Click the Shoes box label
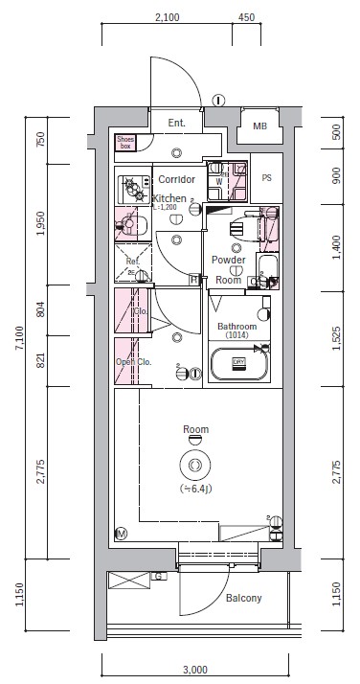click(x=125, y=143)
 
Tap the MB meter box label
click(x=259, y=126)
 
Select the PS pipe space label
click(x=266, y=177)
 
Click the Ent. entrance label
click(x=177, y=124)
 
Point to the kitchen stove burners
click(x=129, y=186)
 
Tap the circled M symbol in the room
click(x=122, y=533)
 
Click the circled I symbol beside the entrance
click(x=218, y=99)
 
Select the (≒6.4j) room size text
click(x=195, y=490)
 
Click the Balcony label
click(x=244, y=599)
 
